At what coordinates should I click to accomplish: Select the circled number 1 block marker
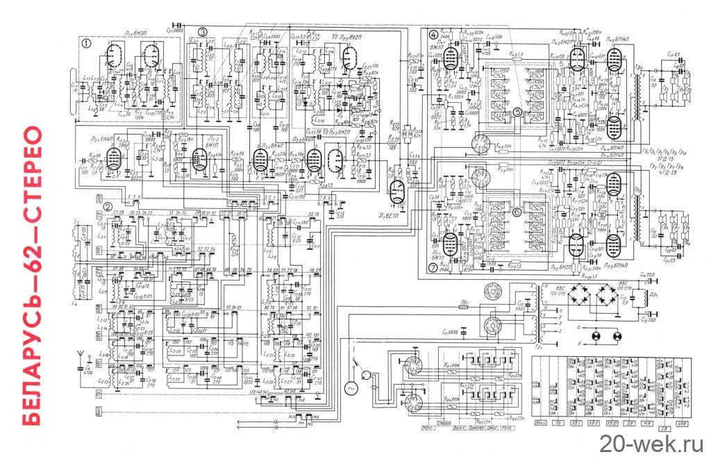[x=86, y=42]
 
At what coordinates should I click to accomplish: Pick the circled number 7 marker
[x=433, y=267]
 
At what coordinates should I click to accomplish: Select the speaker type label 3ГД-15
[x=658, y=158]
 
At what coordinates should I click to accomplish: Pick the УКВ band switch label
[x=685, y=424]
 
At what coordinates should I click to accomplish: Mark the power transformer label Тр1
[x=539, y=345]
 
